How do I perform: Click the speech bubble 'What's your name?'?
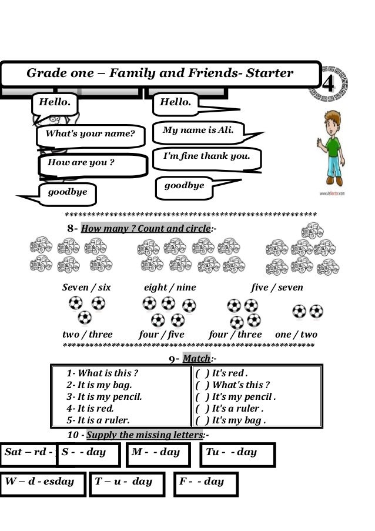pyautogui.click(x=86, y=135)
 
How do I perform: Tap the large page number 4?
pyautogui.click(x=329, y=84)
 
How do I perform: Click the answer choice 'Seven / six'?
pyautogui.click(x=86, y=288)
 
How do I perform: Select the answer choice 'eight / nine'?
pyautogui.click(x=170, y=288)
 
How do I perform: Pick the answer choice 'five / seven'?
pyautogui.click(x=277, y=288)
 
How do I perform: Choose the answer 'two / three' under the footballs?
pyautogui.click(x=88, y=335)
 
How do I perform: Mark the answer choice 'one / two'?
pyautogui.click(x=296, y=335)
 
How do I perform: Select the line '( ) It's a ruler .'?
pyautogui.click(x=229, y=408)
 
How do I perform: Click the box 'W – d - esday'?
pyautogui.click(x=40, y=482)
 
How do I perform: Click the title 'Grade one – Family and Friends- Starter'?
pyautogui.click(x=160, y=74)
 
